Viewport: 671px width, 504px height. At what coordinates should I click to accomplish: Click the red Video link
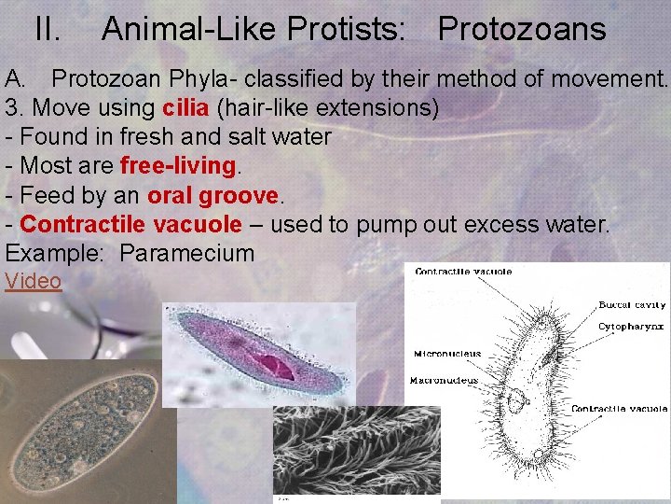click(x=34, y=281)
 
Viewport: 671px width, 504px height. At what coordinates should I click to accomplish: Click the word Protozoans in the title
click(x=521, y=29)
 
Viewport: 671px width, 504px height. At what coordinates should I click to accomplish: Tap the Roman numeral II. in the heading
click(x=48, y=29)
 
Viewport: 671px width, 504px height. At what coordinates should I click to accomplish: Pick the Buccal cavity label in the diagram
click(x=632, y=305)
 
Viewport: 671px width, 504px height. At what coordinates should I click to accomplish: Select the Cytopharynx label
click(x=632, y=327)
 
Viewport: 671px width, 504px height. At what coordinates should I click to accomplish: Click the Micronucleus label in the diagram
click(x=447, y=354)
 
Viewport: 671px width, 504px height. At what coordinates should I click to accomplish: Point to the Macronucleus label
click(x=444, y=380)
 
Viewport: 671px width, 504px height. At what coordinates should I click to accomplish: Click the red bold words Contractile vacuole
click(x=130, y=224)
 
